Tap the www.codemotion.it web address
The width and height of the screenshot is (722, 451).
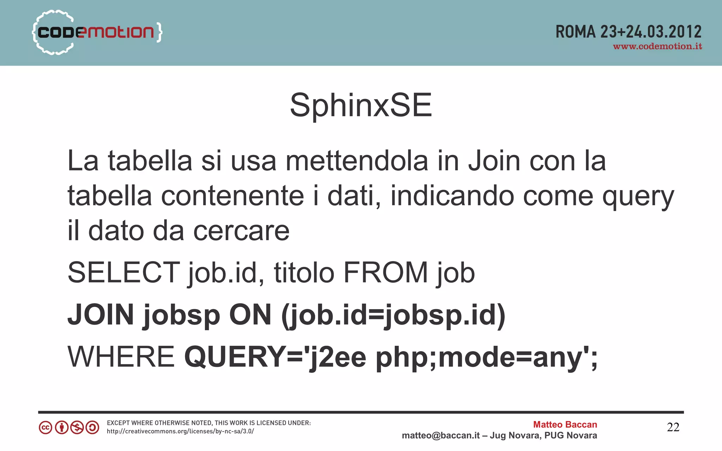coord(657,46)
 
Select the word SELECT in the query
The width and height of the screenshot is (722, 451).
coord(124,273)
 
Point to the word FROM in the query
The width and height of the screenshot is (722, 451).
coord(385,273)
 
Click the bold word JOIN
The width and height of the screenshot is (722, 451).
coord(101,314)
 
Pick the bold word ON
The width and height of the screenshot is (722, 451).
coord(250,314)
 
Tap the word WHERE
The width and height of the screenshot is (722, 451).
coord(121,357)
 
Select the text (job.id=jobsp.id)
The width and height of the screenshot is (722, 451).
coord(393,315)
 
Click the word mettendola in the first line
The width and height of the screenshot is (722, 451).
coord(357,161)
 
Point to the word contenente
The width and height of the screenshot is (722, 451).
coord(232,196)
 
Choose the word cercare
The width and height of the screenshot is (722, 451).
coord(241,231)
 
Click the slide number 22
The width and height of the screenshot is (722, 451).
coord(673,427)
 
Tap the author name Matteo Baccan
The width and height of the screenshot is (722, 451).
coord(565,425)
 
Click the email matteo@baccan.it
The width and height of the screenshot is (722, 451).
coord(441,436)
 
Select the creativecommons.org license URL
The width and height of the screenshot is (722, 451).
coord(180,431)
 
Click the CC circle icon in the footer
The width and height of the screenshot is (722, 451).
coord(45,428)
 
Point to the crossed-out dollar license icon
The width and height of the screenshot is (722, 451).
coord(77,428)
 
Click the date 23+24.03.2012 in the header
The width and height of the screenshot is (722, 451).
coord(651,32)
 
